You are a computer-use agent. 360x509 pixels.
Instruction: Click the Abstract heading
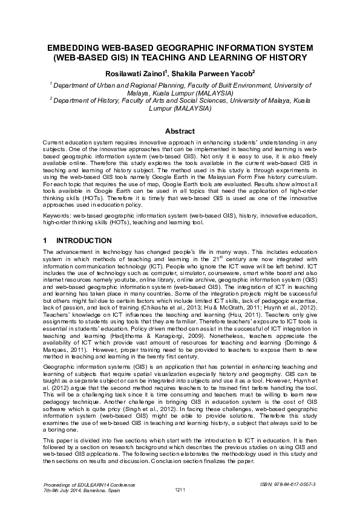coord(180,131)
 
